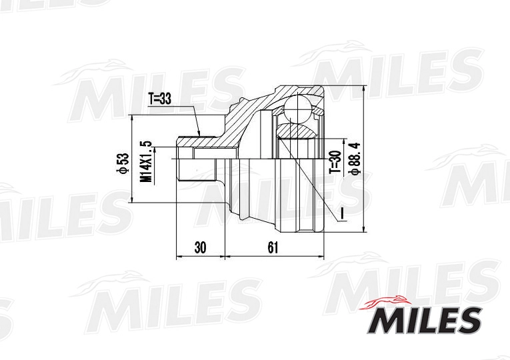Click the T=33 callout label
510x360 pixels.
coord(159,99)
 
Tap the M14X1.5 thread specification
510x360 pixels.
coord(146,161)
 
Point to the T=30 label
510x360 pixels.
coord(335,162)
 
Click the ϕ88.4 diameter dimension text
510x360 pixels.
coord(354,159)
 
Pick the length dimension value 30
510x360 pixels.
coord(201,248)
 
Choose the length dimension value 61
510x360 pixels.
coord(273,248)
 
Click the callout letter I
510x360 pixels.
coord(341,213)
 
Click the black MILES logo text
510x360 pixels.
coord(424,320)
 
